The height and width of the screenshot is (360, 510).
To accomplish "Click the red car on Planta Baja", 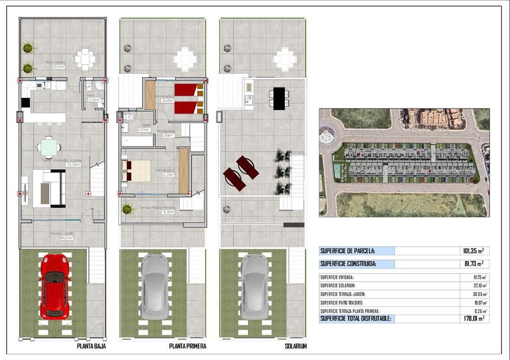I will tap(55, 286).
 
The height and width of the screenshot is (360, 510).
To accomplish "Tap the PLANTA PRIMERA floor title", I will tap(187, 346).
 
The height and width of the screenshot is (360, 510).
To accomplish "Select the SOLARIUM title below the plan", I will tap(296, 346).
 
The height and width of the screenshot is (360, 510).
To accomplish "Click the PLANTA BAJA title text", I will tap(91, 346).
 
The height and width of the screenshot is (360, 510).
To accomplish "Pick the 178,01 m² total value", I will tap(473, 319).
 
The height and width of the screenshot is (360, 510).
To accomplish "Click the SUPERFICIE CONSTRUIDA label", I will tap(348, 264).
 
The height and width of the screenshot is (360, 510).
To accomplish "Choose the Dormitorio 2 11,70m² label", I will tap(165, 172).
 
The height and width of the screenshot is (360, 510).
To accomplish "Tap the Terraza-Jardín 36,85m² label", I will tap(59, 235).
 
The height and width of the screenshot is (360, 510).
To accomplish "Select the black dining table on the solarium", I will tap(280, 98).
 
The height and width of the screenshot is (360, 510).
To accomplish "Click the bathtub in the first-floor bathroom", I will tap(137, 141).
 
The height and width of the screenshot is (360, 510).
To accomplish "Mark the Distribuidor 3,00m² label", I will tap(168, 133).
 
